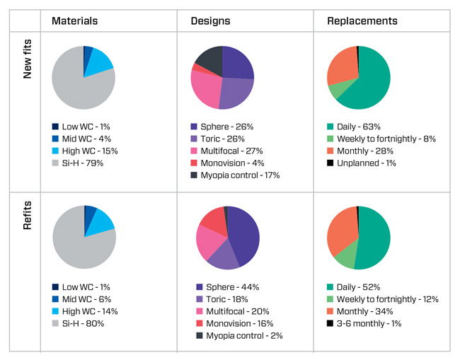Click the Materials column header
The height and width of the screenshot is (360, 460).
[x=74, y=21]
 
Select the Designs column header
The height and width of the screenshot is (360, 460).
[x=210, y=21]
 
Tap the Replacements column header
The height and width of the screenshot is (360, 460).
[x=362, y=21]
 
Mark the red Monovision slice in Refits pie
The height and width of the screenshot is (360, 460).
[x=211, y=220]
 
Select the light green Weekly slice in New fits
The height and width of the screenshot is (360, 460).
[x=335, y=91]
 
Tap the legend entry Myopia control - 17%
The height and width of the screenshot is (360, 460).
[x=234, y=175]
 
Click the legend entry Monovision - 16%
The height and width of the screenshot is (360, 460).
[x=233, y=323]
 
